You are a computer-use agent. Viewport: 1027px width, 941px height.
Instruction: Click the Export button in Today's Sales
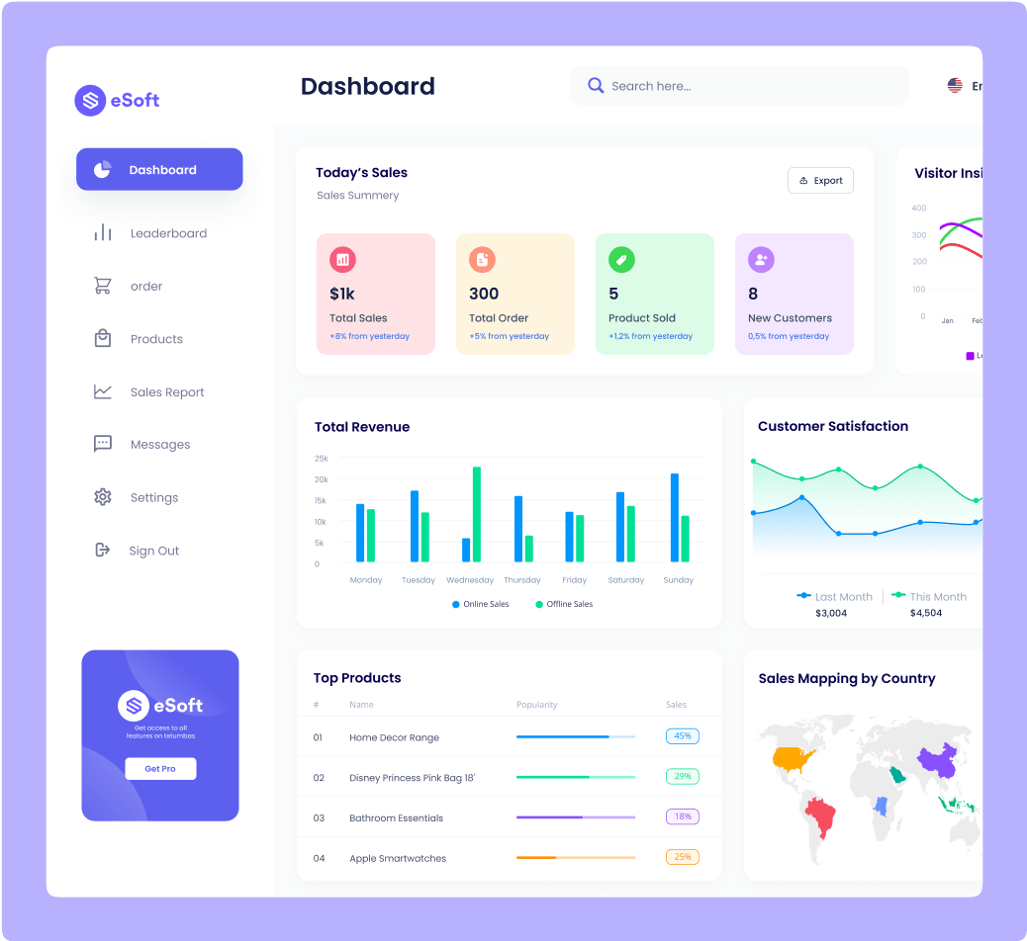(x=820, y=181)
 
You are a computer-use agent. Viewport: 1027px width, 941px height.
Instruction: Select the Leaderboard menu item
(x=168, y=233)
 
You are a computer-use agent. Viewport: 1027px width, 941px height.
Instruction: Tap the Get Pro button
(x=160, y=768)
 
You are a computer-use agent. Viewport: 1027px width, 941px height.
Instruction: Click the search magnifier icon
(x=596, y=86)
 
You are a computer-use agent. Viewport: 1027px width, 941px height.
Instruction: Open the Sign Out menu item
(x=153, y=551)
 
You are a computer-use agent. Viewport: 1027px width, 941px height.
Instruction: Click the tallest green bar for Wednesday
(x=477, y=514)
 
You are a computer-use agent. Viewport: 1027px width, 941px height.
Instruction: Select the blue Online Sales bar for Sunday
(x=675, y=517)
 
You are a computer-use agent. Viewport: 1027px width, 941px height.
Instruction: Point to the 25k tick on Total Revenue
(x=322, y=459)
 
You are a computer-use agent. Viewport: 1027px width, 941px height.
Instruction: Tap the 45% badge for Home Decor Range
(x=683, y=736)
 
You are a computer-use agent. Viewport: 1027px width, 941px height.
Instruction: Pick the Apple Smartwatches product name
(x=398, y=858)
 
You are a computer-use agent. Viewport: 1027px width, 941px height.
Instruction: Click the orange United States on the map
(x=794, y=759)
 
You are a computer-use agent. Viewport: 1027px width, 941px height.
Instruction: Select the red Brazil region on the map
(x=820, y=816)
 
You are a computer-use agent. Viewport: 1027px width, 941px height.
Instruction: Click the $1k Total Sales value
(x=342, y=294)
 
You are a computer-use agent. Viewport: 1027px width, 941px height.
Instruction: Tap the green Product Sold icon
(x=621, y=260)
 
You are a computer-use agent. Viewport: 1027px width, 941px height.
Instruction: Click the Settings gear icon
(x=103, y=497)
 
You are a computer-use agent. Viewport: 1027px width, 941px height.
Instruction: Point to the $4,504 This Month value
(x=926, y=613)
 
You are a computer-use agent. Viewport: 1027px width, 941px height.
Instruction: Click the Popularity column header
(x=536, y=705)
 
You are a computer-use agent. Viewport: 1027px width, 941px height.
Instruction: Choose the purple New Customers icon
(x=761, y=260)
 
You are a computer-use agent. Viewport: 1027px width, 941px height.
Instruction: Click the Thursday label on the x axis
(x=522, y=580)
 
